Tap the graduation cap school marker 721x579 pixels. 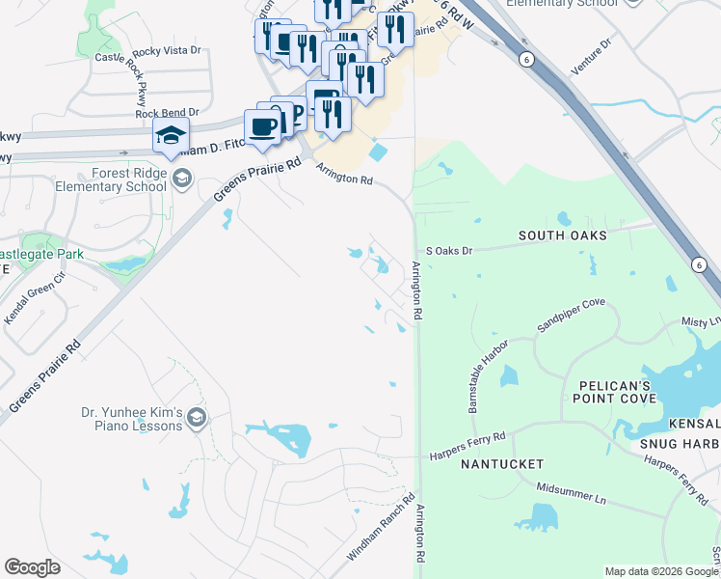click(x=171, y=137)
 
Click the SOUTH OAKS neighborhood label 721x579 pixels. click(x=562, y=235)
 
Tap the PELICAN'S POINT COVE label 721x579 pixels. click(x=615, y=391)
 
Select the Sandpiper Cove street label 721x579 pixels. click(x=572, y=315)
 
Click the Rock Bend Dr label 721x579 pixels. click(x=167, y=112)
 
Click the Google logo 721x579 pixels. click(x=32, y=567)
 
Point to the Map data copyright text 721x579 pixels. click(x=660, y=571)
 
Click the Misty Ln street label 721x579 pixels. click(x=701, y=321)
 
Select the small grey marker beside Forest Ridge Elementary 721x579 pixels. click(x=182, y=179)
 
